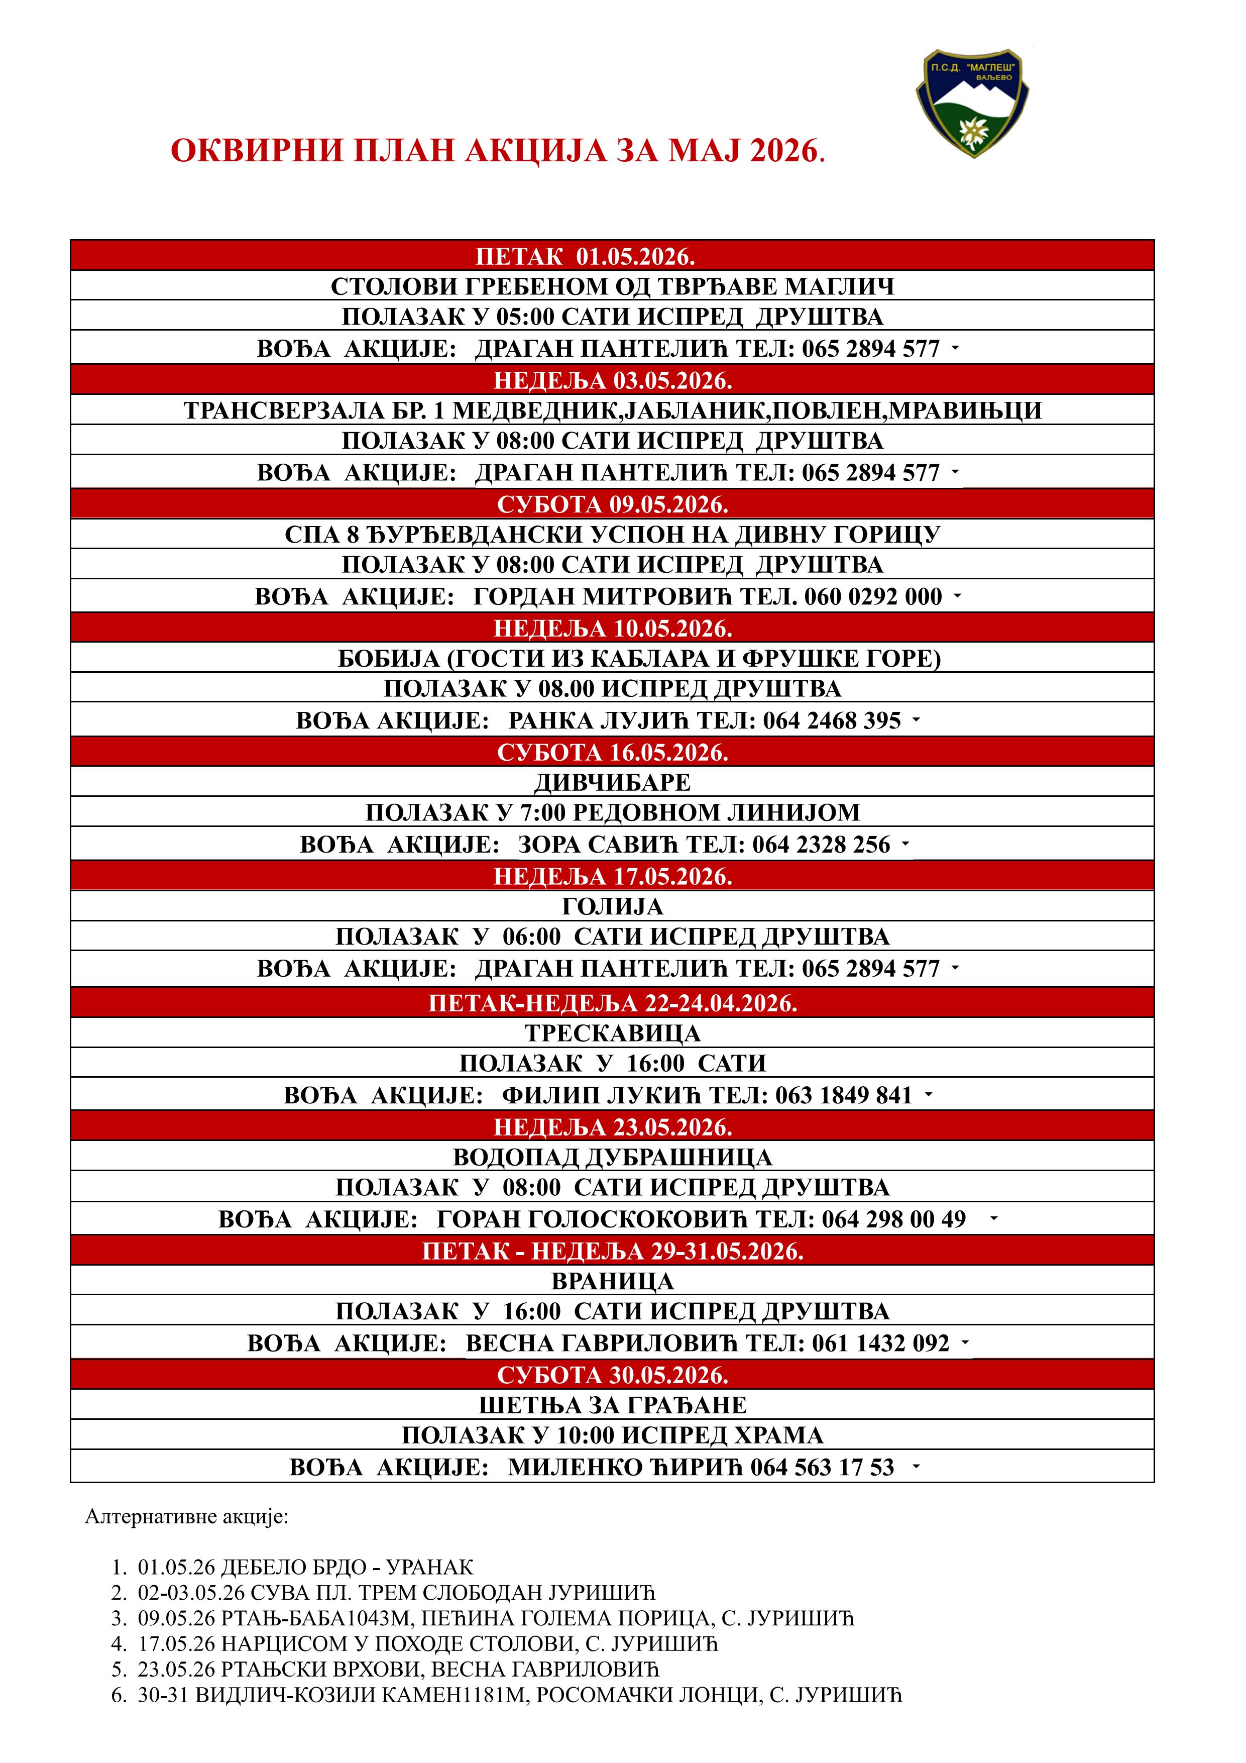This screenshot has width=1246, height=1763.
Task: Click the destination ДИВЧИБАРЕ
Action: pyautogui.click(x=612, y=782)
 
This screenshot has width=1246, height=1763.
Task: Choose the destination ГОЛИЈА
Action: pyautogui.click(x=612, y=907)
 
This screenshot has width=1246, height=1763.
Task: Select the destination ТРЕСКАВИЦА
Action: pyautogui.click(x=612, y=1033)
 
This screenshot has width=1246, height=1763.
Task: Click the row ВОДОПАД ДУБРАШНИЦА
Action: pyautogui.click(x=612, y=1157)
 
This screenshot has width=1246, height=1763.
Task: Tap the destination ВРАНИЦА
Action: pyautogui.click(x=612, y=1282)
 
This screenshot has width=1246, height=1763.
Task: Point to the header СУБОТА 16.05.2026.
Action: pyautogui.click(x=612, y=753)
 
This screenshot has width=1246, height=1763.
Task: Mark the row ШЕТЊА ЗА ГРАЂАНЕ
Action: pyautogui.click(x=612, y=1406)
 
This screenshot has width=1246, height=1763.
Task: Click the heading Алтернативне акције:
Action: pyautogui.click(x=186, y=1517)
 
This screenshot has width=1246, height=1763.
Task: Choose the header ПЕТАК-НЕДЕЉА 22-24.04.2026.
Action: pyautogui.click(x=612, y=1003)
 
